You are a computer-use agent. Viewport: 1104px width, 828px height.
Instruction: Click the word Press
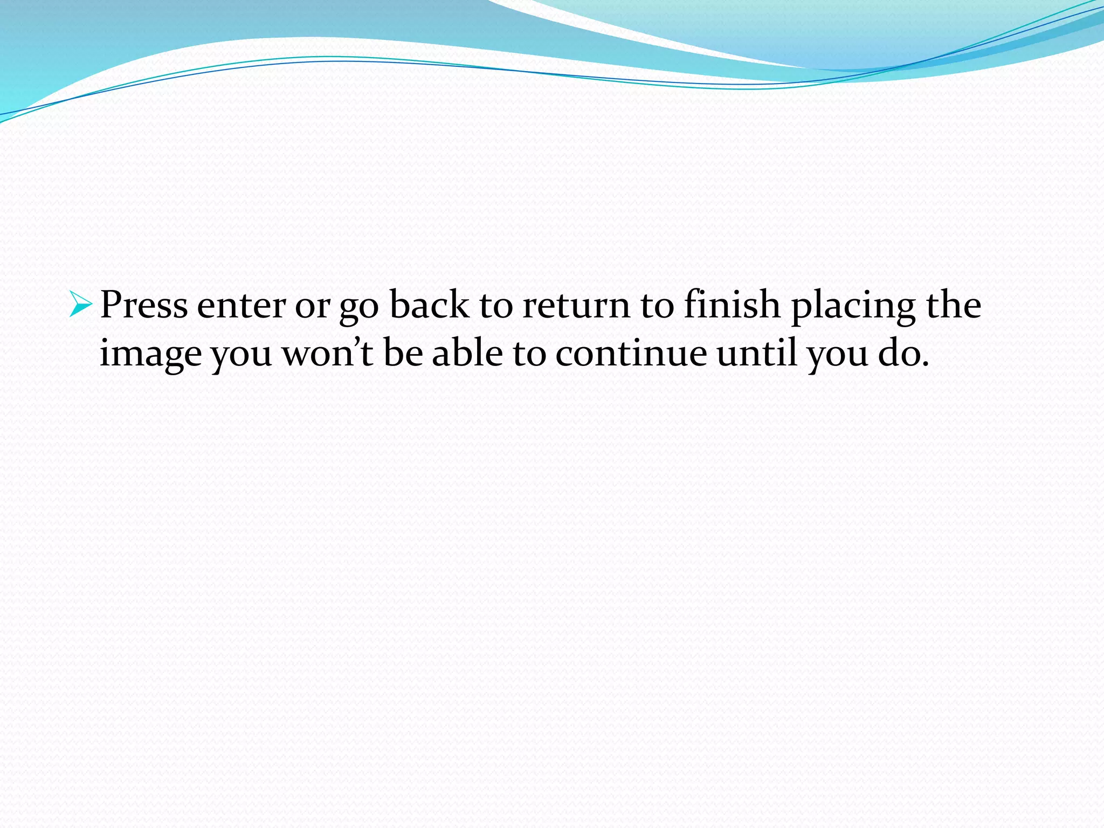144,305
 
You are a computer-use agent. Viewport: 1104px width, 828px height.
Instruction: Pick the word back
429,305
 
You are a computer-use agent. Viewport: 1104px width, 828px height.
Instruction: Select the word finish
732,305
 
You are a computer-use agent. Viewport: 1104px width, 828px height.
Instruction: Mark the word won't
327,354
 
